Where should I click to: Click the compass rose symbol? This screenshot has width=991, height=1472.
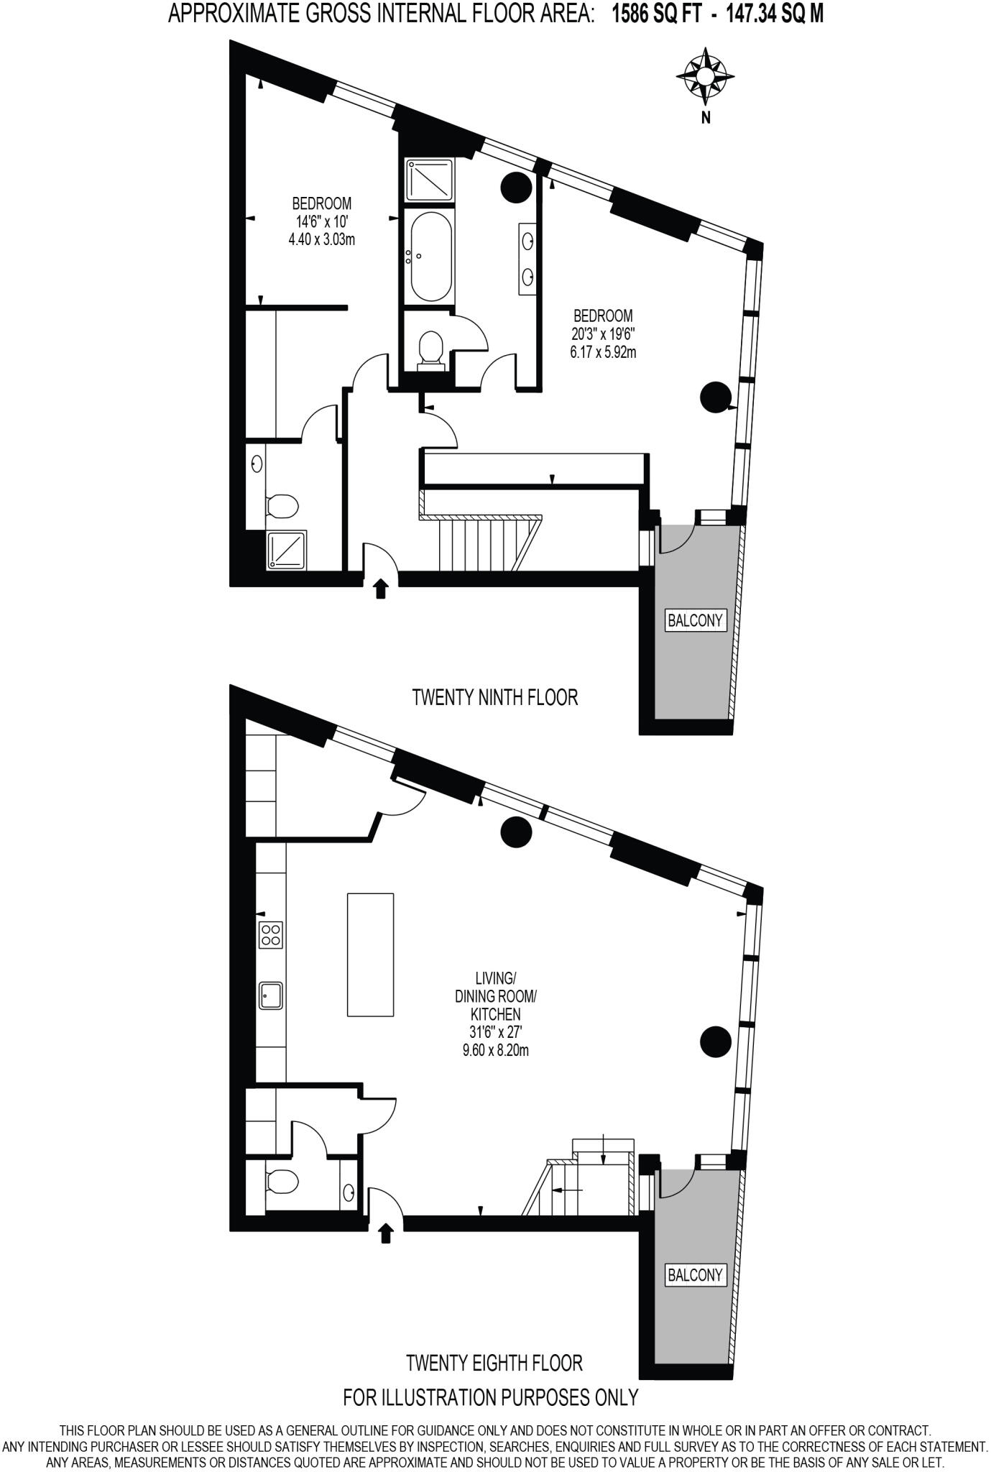tap(706, 74)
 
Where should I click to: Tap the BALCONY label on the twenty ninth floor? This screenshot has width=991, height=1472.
tap(695, 620)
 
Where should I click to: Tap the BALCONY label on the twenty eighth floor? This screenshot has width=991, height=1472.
tap(695, 1275)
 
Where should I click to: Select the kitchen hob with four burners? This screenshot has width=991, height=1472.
tap(272, 934)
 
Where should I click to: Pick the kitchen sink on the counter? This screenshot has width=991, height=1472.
tap(272, 996)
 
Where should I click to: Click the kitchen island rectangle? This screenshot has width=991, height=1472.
tap(370, 954)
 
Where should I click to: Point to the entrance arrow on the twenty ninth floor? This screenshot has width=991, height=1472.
tap(381, 589)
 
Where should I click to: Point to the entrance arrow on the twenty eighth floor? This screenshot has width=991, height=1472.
tap(386, 1233)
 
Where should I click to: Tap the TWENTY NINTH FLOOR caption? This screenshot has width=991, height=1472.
tap(494, 697)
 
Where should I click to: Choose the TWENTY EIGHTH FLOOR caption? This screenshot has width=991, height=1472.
tap(494, 1363)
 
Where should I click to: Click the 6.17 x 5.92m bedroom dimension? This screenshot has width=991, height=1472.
tap(603, 352)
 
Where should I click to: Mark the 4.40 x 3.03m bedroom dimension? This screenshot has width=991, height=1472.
tap(321, 240)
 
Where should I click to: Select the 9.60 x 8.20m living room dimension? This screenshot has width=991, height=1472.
tap(495, 1051)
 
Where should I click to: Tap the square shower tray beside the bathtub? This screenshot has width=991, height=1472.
tap(429, 180)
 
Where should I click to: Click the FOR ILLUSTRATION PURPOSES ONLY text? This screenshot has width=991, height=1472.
tap(491, 1397)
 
